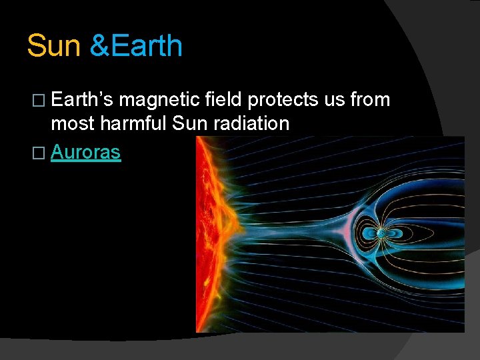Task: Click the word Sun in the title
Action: (x=53, y=46)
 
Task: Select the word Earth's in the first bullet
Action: (x=82, y=100)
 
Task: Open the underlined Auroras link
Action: (x=85, y=152)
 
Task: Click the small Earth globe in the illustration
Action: (x=380, y=233)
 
